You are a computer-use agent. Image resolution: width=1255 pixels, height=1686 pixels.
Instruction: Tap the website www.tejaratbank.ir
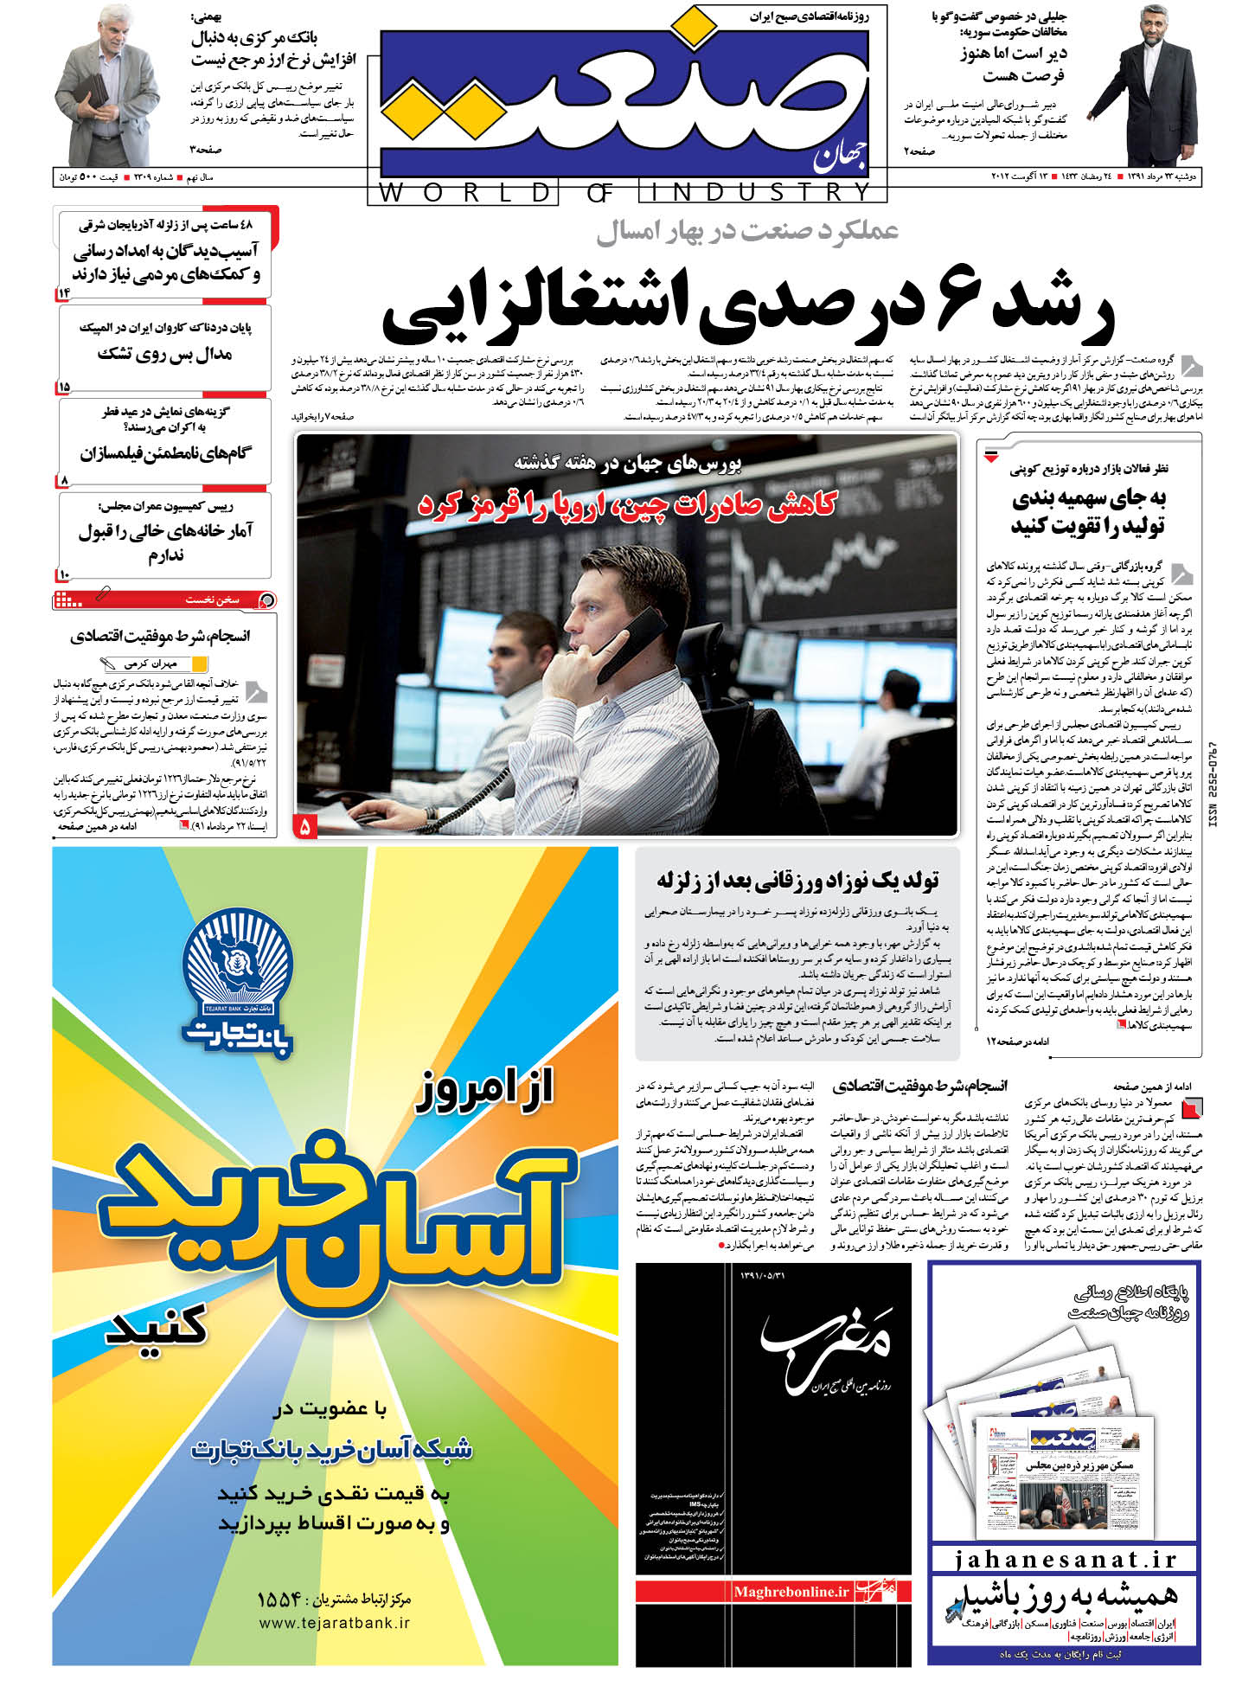334,1623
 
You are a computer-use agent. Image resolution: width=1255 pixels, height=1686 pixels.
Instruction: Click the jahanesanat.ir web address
1066,1560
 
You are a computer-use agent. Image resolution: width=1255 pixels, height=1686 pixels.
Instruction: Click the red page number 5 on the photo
305,827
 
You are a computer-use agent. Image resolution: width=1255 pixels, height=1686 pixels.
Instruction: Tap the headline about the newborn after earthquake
797,881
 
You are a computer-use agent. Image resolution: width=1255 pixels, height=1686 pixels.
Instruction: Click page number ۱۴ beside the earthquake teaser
63,293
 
